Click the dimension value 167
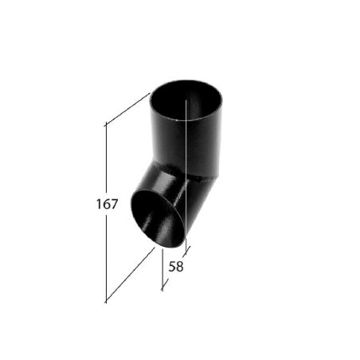[106, 204]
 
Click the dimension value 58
[176, 267]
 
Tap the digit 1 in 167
[98, 204]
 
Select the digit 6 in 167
[106, 204]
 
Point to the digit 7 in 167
[114, 204]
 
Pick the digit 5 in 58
[172, 267]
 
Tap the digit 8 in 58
[180, 267]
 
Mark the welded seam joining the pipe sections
[191, 176]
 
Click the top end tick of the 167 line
[106, 124]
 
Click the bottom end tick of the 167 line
[106, 302]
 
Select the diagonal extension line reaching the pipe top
[127, 109]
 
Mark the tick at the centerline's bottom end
[186, 252]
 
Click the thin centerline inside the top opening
[186, 119]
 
